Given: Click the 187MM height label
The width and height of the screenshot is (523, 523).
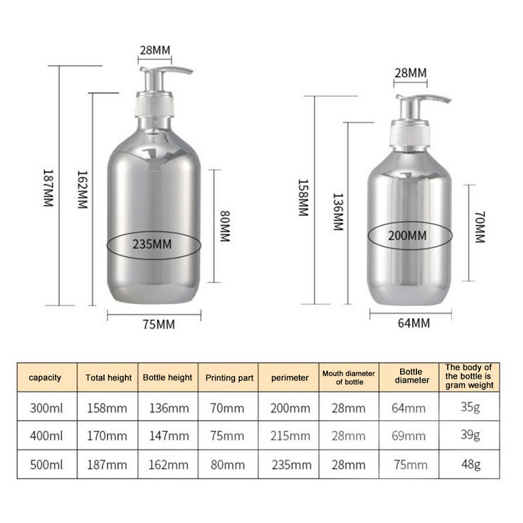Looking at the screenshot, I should (x=47, y=189).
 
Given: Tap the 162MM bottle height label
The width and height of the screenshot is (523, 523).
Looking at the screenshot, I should (x=82, y=190).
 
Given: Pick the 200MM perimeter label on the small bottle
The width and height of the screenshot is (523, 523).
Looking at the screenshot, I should (x=408, y=235).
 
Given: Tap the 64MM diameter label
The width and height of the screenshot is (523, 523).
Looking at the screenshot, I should (x=410, y=322).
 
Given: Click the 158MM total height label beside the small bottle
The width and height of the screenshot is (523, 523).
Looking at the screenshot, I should (x=303, y=198).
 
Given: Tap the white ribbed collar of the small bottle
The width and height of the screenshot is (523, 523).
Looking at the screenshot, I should (x=408, y=133).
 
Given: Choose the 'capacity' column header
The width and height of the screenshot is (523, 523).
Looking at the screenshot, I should (x=45, y=377).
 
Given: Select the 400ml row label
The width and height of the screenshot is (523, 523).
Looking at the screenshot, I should (x=45, y=436).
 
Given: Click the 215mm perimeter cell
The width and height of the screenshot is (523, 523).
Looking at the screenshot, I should (x=290, y=436).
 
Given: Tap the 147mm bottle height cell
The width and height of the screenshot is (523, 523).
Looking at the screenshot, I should (x=169, y=436).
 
